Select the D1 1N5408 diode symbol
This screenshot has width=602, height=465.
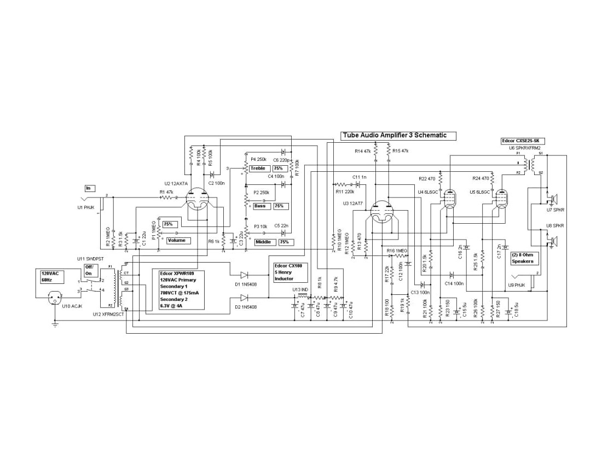[x=244, y=275]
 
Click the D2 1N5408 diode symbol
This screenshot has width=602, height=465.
[x=244, y=298]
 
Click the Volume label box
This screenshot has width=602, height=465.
[x=177, y=241]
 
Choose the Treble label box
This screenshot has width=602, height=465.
[x=258, y=168]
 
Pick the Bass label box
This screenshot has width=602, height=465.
[x=260, y=206]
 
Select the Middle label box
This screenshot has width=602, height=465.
[x=265, y=242]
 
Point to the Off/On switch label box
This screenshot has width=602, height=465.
[x=89, y=270]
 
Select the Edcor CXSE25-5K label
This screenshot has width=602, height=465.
[x=523, y=141]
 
